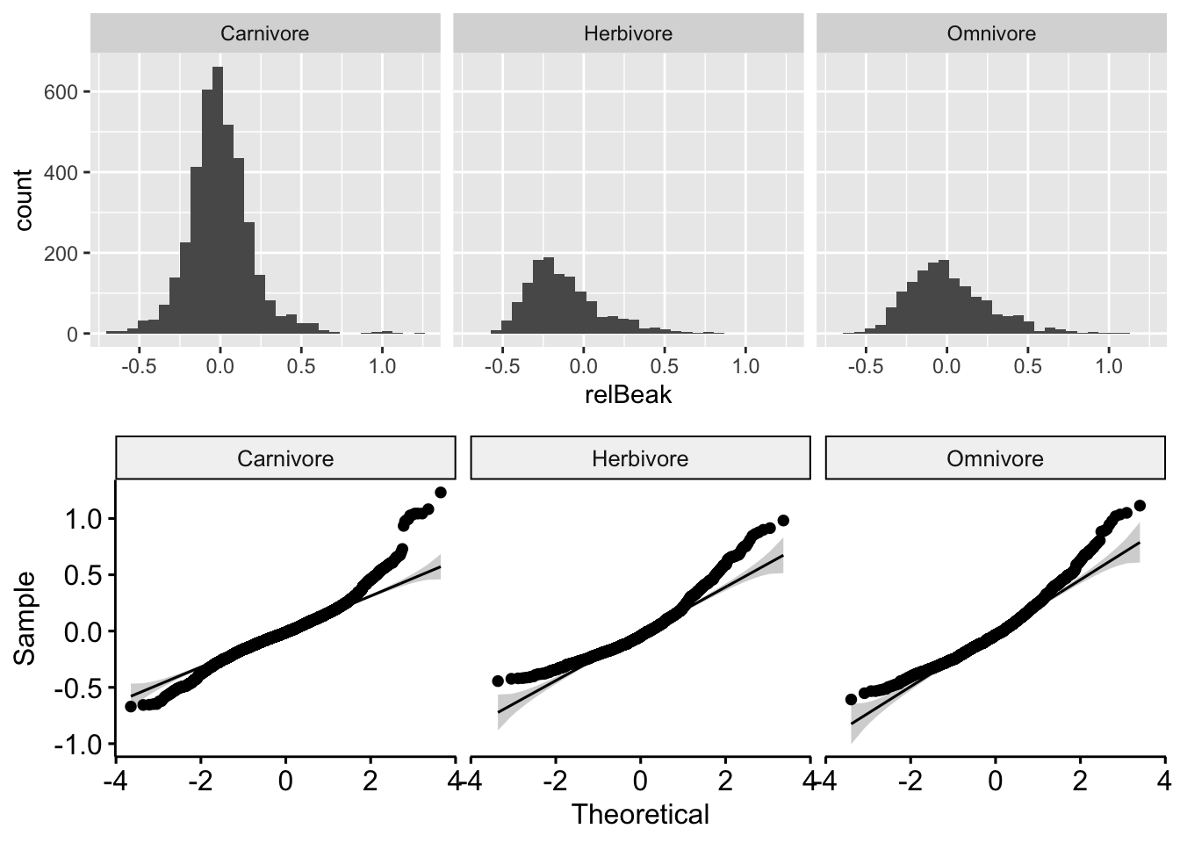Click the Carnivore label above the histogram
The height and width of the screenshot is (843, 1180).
264,34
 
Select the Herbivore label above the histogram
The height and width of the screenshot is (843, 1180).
628,34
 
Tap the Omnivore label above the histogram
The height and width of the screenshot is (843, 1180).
991,34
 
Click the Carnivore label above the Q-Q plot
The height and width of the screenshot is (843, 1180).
285,458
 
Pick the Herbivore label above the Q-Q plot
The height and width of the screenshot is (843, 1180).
640,458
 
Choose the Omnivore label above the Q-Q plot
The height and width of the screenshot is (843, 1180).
995,458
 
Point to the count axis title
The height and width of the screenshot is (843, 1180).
23,200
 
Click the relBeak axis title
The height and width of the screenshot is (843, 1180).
628,395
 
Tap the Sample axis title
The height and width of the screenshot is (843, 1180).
25,618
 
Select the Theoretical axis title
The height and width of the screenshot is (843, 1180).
640,815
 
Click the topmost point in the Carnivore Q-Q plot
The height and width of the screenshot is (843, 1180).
440,493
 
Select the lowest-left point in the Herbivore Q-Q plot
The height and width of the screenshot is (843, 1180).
498,681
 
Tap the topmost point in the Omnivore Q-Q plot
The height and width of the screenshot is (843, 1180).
1140,506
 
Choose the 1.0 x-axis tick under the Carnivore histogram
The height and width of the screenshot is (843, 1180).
382,366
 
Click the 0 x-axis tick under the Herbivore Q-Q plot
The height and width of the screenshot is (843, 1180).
640,779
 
